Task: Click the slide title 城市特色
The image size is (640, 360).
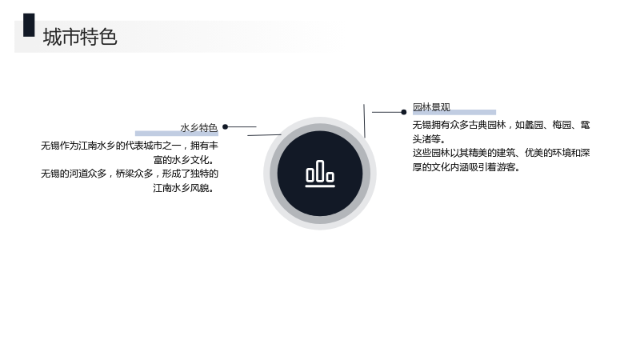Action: pyautogui.click(x=80, y=37)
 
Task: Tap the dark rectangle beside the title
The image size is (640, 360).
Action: pyautogui.click(x=29, y=25)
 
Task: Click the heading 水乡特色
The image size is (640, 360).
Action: pyautogui.click(x=198, y=128)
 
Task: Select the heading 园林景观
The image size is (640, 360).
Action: pyautogui.click(x=431, y=107)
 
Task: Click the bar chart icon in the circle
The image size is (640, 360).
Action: pyautogui.click(x=320, y=174)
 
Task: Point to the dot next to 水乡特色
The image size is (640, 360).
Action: pyautogui.click(x=225, y=127)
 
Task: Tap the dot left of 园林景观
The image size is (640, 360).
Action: pyautogui.click(x=404, y=112)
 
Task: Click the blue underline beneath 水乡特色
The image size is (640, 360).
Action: pyautogui.click(x=177, y=134)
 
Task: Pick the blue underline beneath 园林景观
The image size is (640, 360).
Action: pyautogui.click(x=454, y=112)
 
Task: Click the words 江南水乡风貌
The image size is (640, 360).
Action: pyautogui.click(x=181, y=188)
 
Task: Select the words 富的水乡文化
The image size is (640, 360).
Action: pyautogui.click(x=181, y=159)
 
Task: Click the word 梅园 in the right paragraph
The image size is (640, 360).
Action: pyautogui.click(x=562, y=125)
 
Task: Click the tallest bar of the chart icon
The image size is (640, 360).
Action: pyautogui.click(x=320, y=170)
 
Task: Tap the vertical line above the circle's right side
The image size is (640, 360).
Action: pyautogui.click(x=364, y=121)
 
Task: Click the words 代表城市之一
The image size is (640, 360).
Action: pyautogui.click(x=153, y=146)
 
